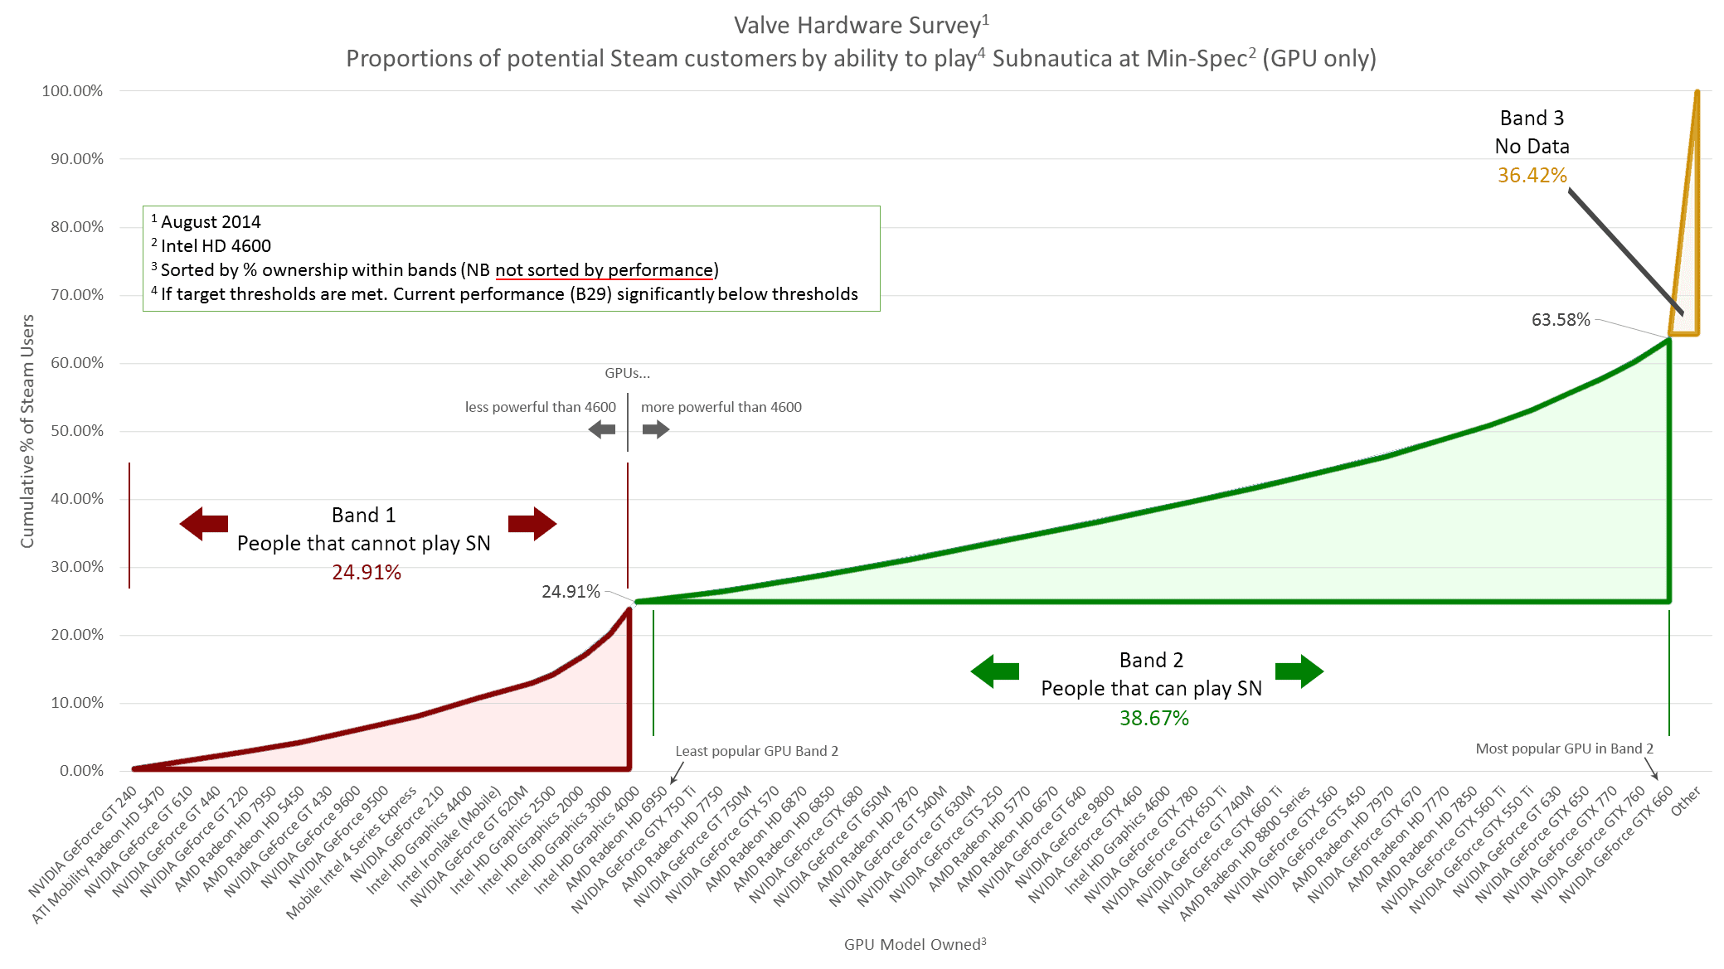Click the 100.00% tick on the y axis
pyautogui.click(x=72, y=91)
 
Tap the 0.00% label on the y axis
pyautogui.click(x=81, y=771)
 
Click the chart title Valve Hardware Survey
pyautogui.click(x=861, y=26)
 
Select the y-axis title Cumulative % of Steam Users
pyautogui.click(x=27, y=431)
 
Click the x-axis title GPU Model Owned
pyautogui.click(x=915, y=945)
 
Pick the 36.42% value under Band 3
pyautogui.click(x=1532, y=176)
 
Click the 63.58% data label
pyautogui.click(x=1560, y=320)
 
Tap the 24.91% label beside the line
pyautogui.click(x=571, y=592)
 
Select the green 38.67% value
pyautogui.click(x=1153, y=719)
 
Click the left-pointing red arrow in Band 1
pyautogui.click(x=204, y=524)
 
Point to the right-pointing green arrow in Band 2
pyautogui.click(x=1299, y=671)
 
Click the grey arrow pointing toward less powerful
pyautogui.click(x=602, y=429)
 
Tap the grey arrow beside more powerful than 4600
pyautogui.click(x=655, y=429)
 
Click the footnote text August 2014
pyautogui.click(x=211, y=222)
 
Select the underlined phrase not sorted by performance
pyautogui.click(x=605, y=270)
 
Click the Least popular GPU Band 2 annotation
pyautogui.click(x=756, y=751)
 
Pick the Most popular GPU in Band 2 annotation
pyautogui.click(x=1564, y=749)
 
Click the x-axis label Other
pyautogui.click(x=1686, y=800)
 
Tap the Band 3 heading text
pyautogui.click(x=1532, y=119)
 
